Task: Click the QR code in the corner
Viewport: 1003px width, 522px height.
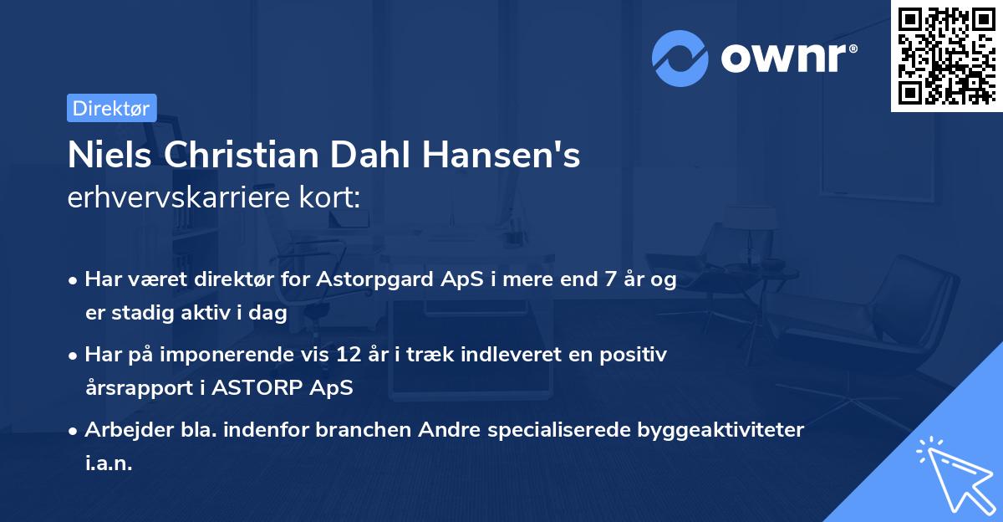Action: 946,56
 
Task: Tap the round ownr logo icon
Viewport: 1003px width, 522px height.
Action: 680,58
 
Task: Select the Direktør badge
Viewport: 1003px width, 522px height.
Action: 111,108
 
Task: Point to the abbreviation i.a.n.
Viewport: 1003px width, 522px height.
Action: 109,463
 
